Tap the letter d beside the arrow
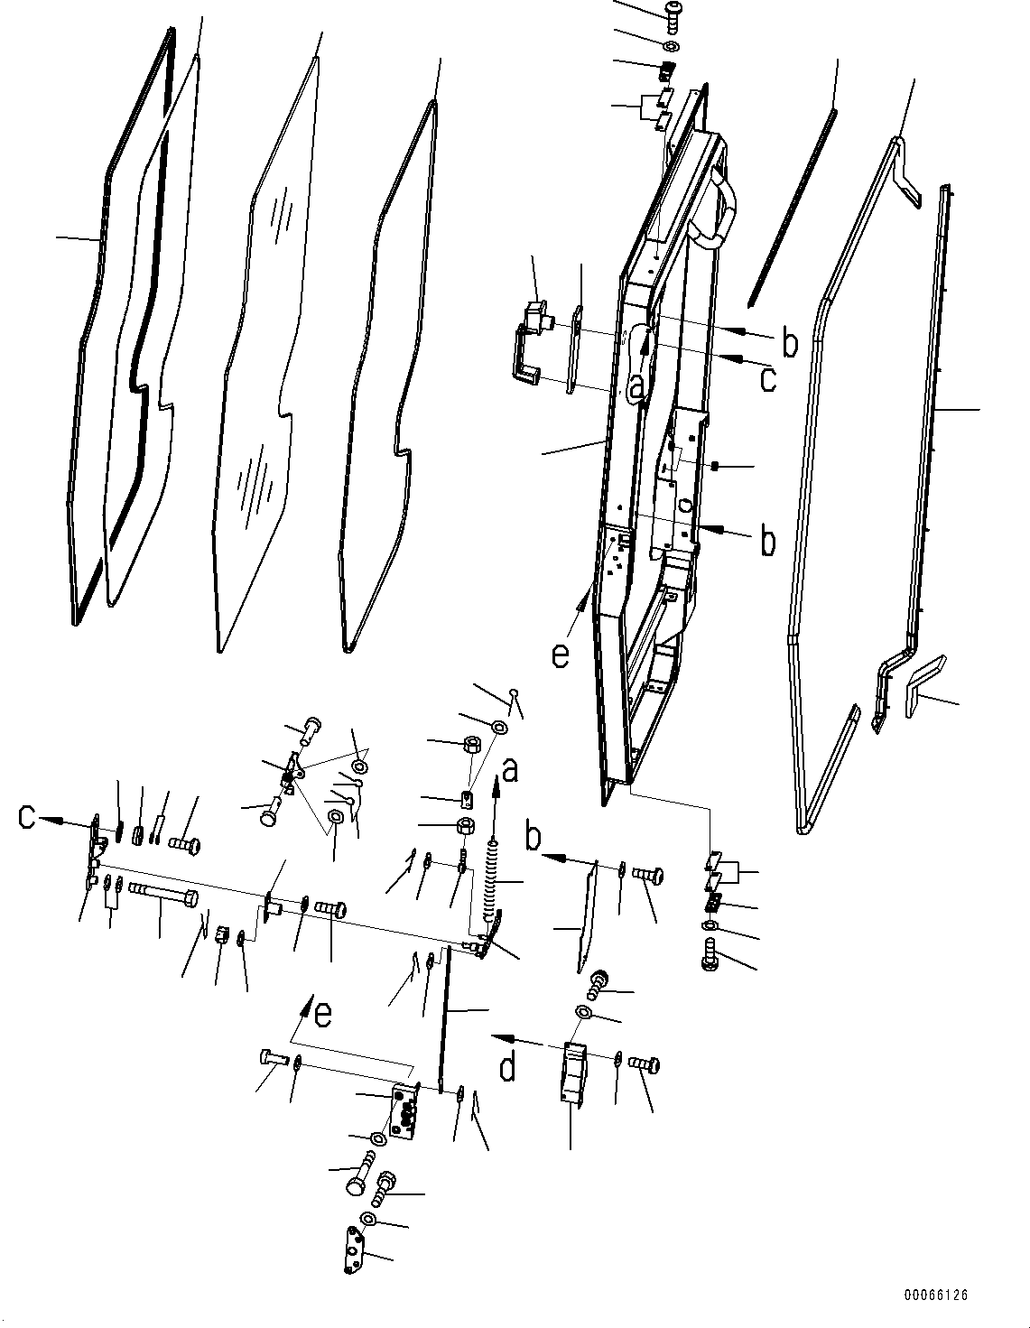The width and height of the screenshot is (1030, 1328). (508, 1067)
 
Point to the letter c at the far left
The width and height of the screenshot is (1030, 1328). (28, 817)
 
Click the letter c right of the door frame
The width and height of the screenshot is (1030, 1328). (767, 379)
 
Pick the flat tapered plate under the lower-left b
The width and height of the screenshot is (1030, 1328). (587, 916)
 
